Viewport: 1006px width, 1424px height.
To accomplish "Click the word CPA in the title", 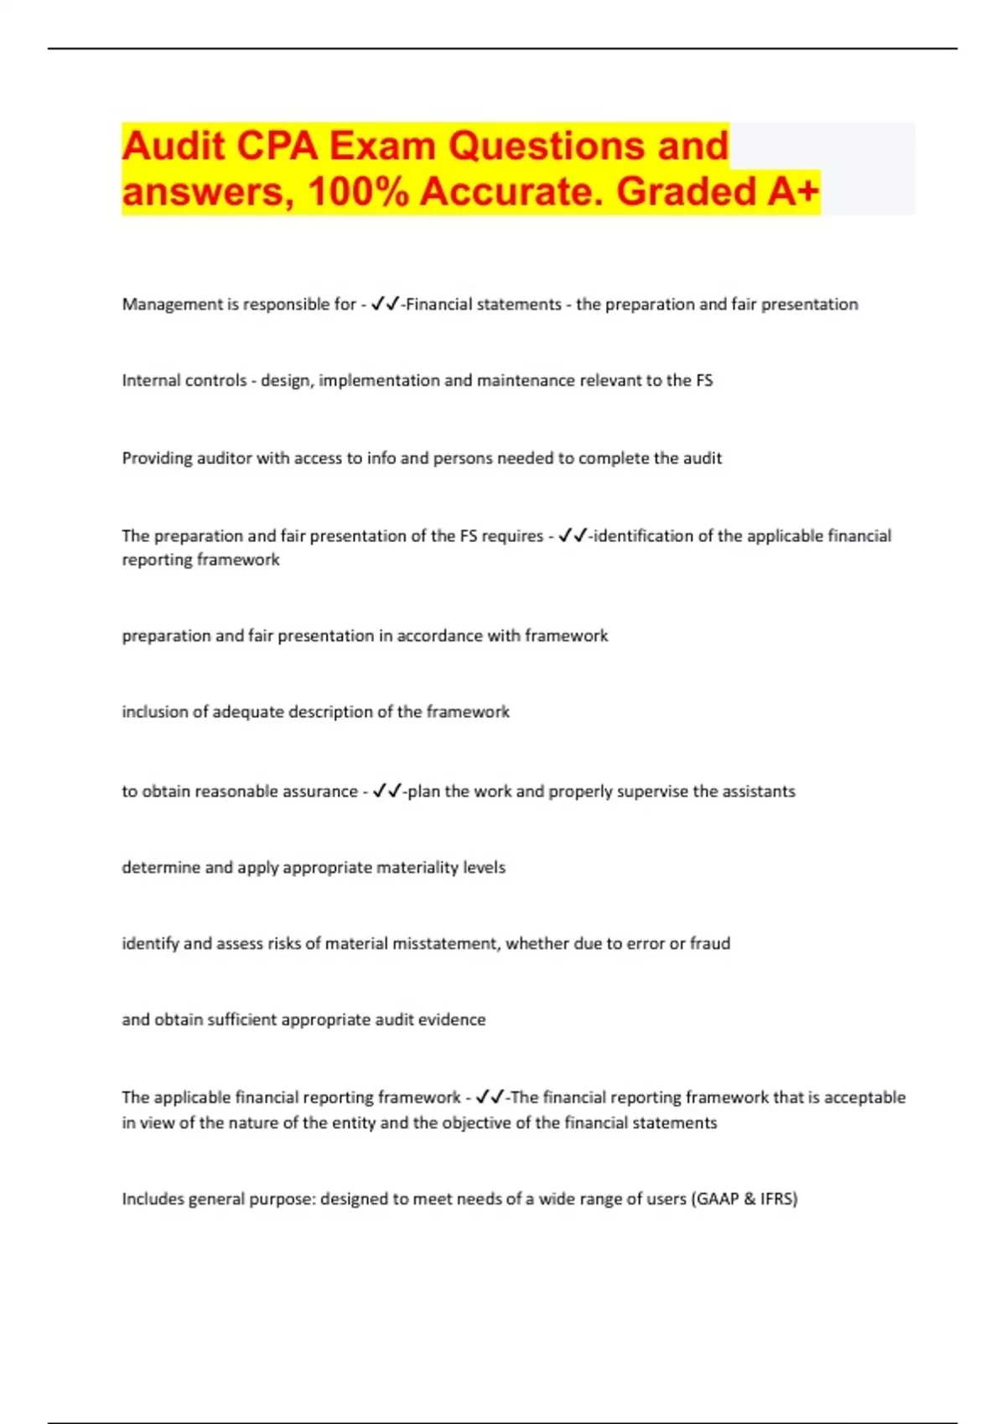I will click(277, 146).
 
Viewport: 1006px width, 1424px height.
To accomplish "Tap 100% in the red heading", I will click(358, 191).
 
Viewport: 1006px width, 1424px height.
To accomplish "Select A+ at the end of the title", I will click(793, 191).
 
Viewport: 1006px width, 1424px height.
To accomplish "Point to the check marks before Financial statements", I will click(385, 304).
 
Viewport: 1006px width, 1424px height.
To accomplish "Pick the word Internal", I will click(153, 381).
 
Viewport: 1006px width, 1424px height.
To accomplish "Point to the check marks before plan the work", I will click(386, 791).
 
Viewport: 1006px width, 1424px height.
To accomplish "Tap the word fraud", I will click(710, 944).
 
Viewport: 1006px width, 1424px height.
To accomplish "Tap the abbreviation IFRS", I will click(777, 1200).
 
